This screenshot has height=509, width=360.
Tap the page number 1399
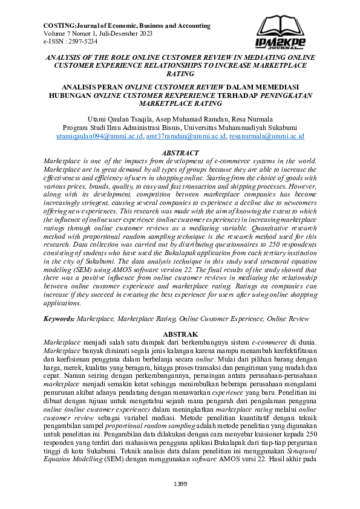[180, 484]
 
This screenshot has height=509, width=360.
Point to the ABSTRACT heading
[180, 154]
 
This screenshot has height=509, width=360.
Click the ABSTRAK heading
[180, 334]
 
